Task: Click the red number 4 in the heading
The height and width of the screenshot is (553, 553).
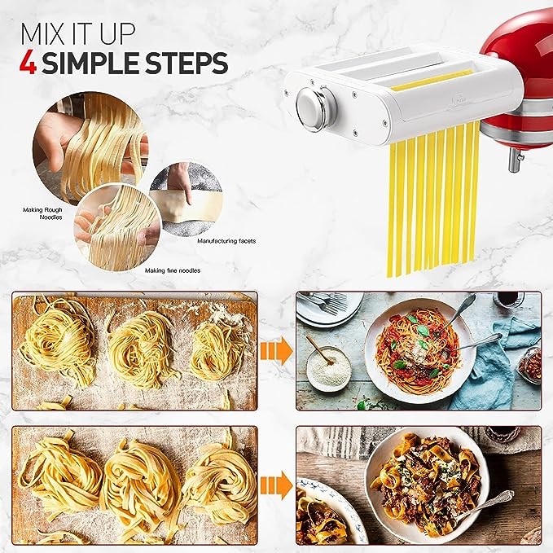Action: click(29, 63)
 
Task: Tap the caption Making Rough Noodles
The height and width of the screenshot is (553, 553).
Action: click(42, 213)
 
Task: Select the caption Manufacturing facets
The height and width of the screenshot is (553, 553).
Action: click(226, 241)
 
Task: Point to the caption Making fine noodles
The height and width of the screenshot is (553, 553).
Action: click(173, 270)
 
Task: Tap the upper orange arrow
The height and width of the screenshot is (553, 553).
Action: click(276, 351)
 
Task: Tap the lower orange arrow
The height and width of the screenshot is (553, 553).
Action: click(276, 485)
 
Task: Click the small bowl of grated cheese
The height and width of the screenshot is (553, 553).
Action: click(328, 368)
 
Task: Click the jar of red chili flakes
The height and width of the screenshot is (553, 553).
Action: click(529, 365)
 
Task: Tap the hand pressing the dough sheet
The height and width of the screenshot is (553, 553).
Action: click(181, 181)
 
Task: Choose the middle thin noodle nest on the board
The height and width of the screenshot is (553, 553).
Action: click(142, 349)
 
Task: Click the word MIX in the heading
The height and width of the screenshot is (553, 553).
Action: click(44, 34)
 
